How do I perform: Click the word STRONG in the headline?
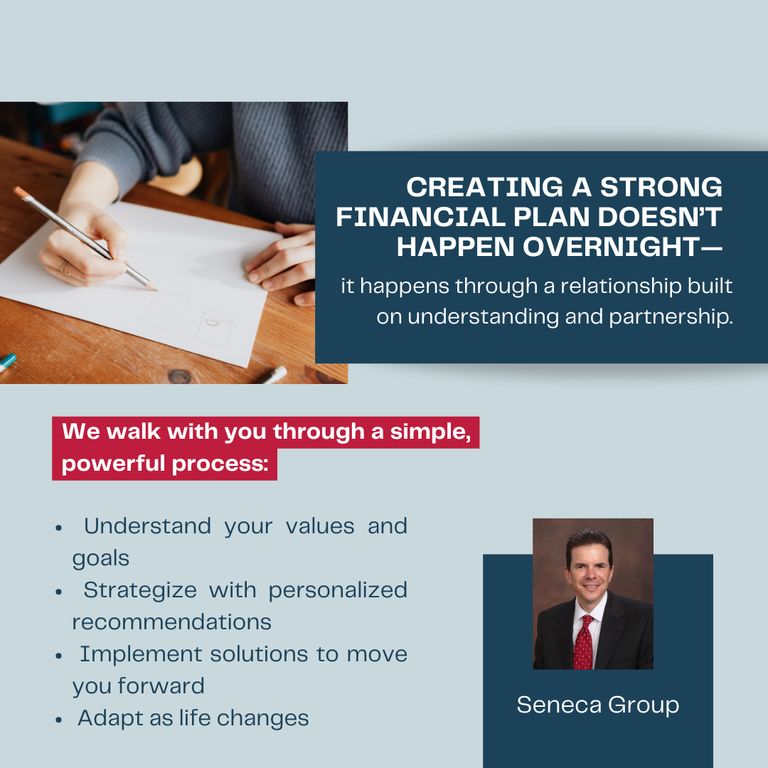point(661,187)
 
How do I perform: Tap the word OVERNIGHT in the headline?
point(612,246)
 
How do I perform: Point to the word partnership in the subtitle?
point(671,317)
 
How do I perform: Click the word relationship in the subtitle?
point(621,287)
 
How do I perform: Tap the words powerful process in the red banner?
point(165,464)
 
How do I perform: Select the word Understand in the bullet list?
point(147,526)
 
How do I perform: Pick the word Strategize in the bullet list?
point(140,591)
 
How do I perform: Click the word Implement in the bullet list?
point(141,655)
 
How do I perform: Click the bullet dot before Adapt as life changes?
point(59,720)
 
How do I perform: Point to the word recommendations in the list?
point(171,622)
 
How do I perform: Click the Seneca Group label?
point(597,705)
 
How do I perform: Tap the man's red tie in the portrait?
point(583,643)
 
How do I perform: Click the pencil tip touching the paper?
point(156,289)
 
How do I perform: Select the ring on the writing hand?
point(65,267)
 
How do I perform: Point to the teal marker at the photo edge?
point(7,363)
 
